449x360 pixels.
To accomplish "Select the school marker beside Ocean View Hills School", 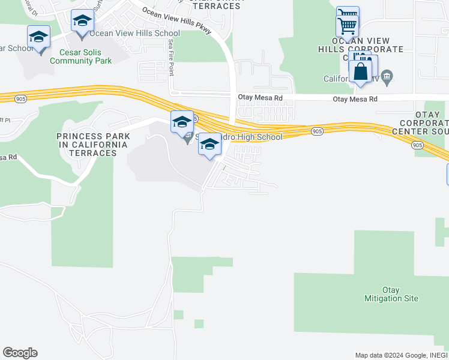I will pos(82,22).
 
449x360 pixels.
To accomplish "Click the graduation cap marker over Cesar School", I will pos(39,37).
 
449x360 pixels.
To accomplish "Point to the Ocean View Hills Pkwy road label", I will pos(176,21).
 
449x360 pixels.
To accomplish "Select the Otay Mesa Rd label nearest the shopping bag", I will pos(357,98).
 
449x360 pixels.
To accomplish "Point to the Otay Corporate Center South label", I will pos(420,123).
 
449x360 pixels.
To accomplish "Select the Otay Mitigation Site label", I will pos(391,294).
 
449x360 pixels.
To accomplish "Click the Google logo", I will pos(20,353).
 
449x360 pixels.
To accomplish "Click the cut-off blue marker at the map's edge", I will pos(447,173).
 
